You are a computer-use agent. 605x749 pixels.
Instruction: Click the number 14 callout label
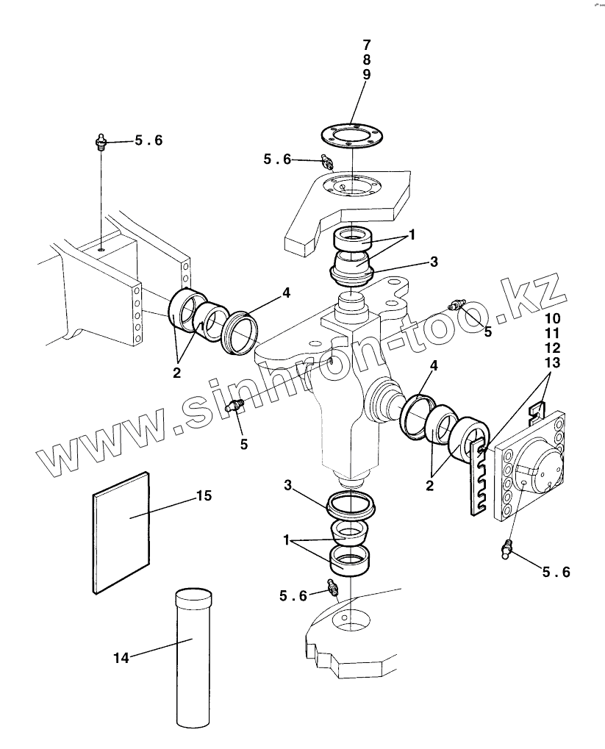point(121,658)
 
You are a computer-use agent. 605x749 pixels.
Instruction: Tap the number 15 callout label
point(204,495)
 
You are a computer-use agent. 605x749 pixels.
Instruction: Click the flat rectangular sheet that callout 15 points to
point(122,530)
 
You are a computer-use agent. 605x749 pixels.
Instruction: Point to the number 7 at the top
point(366,46)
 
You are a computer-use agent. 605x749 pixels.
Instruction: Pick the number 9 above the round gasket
point(366,74)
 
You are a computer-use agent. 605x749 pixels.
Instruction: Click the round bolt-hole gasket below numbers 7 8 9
point(353,135)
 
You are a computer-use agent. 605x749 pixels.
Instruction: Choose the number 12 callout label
point(552,348)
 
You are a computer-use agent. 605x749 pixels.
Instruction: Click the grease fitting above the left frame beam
point(101,141)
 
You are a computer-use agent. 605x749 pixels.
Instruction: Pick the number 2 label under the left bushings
point(176,372)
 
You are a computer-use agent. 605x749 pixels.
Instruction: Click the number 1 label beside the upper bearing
point(412,234)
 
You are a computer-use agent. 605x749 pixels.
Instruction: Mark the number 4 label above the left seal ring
point(286,293)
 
